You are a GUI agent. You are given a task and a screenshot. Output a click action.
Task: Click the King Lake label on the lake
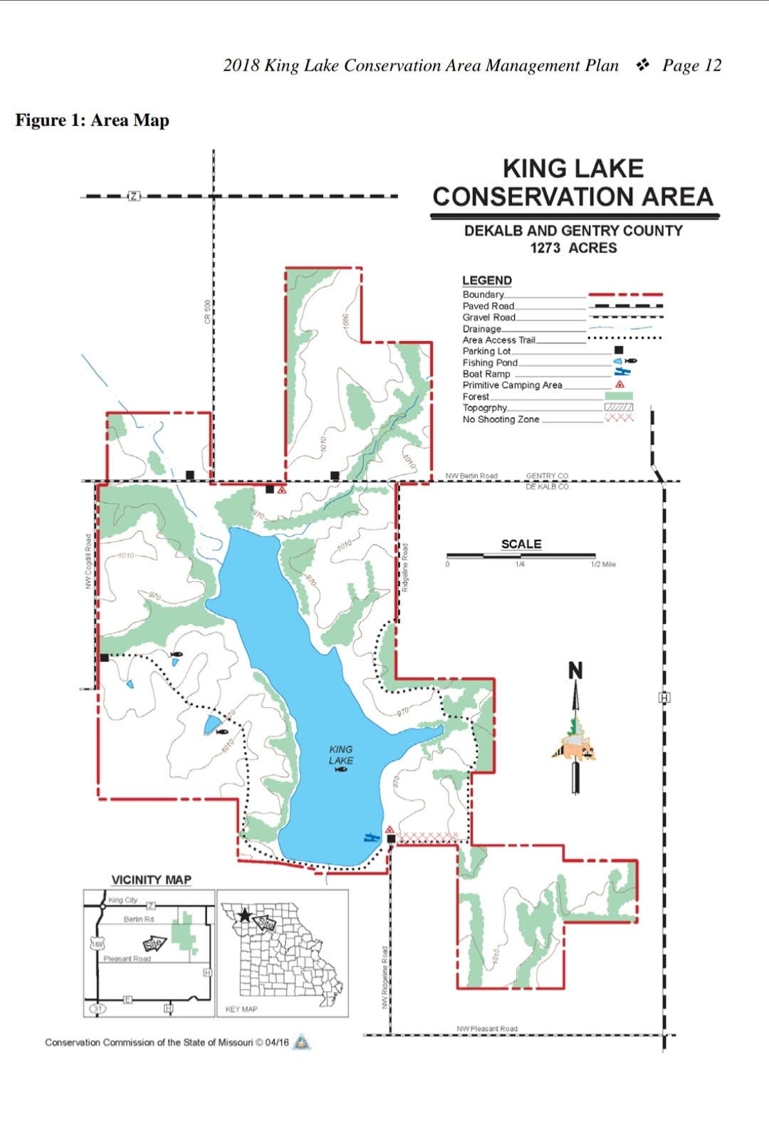(340, 755)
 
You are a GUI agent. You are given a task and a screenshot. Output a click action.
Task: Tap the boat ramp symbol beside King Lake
(370, 837)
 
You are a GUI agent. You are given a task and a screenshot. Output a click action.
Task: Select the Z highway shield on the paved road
(133, 196)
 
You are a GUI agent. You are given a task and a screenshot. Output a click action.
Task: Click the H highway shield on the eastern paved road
(664, 697)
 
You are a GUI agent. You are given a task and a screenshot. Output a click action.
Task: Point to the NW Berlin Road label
(471, 476)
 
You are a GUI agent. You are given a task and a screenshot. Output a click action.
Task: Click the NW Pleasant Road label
(487, 1028)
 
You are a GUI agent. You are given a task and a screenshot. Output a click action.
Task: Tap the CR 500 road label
(208, 311)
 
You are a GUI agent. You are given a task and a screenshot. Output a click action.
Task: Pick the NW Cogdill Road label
(88, 561)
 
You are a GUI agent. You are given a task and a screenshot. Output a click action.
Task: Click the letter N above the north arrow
(575, 671)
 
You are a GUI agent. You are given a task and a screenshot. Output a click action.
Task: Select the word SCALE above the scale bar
(521, 544)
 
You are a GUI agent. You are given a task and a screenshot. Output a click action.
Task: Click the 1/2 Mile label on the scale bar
(603, 565)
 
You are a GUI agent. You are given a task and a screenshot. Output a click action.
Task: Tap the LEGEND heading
(487, 281)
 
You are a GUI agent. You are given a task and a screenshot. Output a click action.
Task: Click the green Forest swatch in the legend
(618, 396)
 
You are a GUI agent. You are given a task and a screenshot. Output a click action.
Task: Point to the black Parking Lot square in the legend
(618, 350)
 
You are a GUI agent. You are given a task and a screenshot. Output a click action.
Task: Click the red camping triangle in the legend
(620, 385)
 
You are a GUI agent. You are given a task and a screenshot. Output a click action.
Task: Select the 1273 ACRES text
(573, 248)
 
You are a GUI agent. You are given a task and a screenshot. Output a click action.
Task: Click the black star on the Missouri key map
(245, 915)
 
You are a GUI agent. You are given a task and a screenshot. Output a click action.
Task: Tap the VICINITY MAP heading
(152, 879)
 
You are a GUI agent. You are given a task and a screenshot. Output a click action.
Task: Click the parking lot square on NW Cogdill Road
(105, 657)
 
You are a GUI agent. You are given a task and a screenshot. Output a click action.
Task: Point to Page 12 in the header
(691, 66)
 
